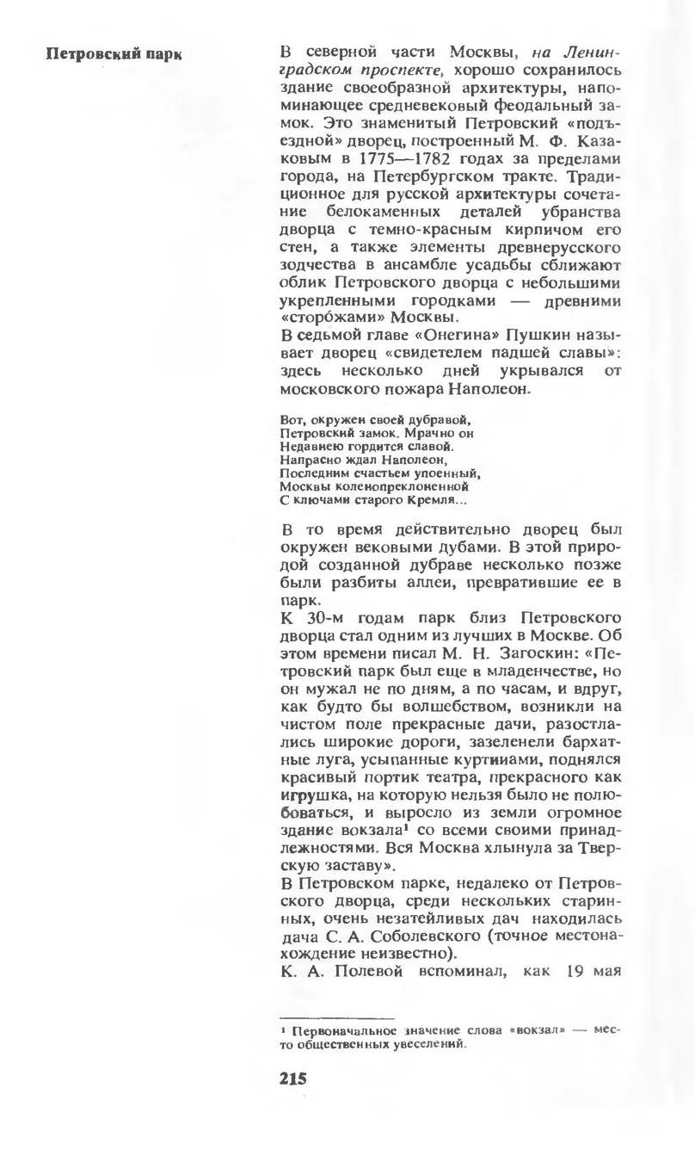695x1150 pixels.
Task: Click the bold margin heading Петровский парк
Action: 114,53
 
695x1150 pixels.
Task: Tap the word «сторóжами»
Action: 325,316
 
